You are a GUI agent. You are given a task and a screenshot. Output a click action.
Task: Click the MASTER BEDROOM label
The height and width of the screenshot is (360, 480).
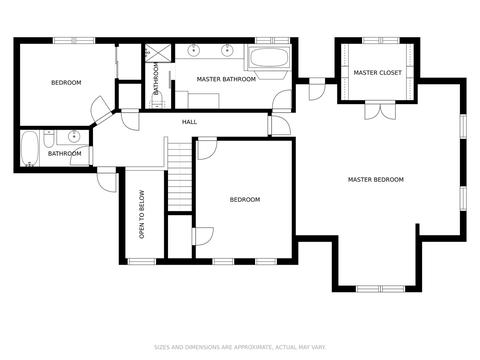coord(376,180)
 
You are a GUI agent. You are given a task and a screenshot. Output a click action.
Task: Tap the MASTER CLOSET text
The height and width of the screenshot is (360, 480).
coord(377,73)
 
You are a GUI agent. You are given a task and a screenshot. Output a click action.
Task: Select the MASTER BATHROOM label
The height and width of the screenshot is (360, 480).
coord(226,79)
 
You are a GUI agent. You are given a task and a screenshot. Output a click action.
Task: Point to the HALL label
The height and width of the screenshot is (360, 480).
coord(189,122)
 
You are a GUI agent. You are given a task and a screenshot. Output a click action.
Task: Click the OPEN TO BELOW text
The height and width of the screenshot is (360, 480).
coord(142,214)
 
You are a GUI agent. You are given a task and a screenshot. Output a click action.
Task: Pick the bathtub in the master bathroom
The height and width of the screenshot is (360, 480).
coord(269,58)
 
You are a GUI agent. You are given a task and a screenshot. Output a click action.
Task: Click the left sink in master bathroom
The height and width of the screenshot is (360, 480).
coord(193,50)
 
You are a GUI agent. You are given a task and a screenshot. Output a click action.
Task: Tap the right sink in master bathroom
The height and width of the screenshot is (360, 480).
coord(227,50)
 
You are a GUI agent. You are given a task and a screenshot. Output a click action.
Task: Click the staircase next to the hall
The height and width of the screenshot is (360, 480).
coord(180,176)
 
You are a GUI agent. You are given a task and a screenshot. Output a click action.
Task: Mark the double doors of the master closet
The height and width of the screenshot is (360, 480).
coord(380,110)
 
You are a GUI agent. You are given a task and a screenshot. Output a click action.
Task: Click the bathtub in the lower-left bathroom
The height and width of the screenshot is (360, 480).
coord(29,149)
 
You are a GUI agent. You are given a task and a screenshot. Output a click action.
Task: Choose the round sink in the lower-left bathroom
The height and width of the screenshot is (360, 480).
coord(73,136)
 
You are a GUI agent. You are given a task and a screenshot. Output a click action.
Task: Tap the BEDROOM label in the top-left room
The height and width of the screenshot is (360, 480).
coord(66,83)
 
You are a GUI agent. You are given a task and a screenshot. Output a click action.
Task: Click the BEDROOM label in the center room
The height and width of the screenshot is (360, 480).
coord(245,200)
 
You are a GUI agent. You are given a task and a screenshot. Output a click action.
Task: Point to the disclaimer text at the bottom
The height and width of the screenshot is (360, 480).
coord(240,347)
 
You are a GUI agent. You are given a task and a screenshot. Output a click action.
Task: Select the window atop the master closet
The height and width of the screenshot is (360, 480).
coord(381,41)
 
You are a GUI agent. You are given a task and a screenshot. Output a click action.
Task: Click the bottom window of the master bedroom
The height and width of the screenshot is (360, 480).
coord(380,289)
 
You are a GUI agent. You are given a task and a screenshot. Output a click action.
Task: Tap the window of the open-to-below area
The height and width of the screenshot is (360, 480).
coord(142,262)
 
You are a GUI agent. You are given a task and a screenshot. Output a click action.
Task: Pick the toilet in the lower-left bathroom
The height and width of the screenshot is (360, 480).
coord(48,139)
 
